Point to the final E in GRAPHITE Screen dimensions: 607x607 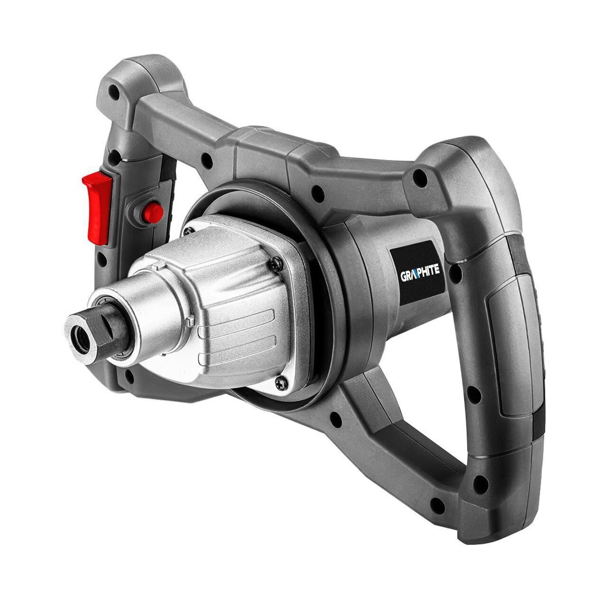437,269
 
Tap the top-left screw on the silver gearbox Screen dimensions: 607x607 189,230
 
